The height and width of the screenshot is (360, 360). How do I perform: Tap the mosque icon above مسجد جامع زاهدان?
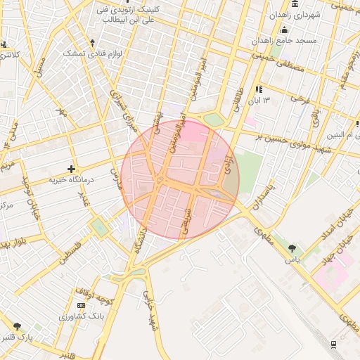[x=284, y=30]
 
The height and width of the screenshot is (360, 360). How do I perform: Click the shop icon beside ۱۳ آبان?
[x=259, y=89]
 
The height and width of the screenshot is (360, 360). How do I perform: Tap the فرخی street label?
[x=302, y=100]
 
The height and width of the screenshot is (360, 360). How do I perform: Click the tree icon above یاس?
[x=292, y=247]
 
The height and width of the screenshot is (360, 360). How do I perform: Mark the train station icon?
[x=333, y=344]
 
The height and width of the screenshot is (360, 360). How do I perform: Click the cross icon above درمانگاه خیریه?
[x=71, y=169]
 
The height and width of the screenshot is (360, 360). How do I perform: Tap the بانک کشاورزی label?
[x=82, y=317]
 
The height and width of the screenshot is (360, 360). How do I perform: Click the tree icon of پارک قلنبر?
[x=17, y=326]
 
